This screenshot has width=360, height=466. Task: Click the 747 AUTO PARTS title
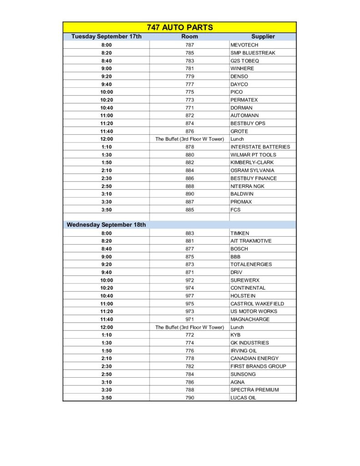click(180, 27)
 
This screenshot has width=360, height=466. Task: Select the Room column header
click(189, 36)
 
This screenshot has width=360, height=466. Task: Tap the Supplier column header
click(263, 36)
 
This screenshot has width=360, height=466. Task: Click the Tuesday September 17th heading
click(106, 36)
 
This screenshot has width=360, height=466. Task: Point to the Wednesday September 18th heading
click(106, 225)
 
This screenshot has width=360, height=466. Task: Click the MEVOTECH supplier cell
click(244, 45)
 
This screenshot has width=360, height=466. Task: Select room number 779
click(189, 76)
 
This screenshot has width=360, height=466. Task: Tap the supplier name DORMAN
click(242, 108)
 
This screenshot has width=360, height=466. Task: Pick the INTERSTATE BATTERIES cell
click(260, 147)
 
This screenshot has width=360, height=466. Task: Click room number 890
click(189, 194)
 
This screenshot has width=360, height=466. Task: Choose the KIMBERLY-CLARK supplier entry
click(252, 162)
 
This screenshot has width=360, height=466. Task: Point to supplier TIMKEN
click(240, 233)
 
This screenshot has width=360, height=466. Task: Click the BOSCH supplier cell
click(239, 249)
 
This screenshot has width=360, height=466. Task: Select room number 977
click(189, 296)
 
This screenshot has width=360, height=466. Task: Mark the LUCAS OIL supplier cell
click(243, 398)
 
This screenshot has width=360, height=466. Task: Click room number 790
click(189, 398)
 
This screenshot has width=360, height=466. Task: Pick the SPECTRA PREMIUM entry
click(254, 390)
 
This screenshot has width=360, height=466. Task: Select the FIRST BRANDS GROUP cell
click(258, 366)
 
